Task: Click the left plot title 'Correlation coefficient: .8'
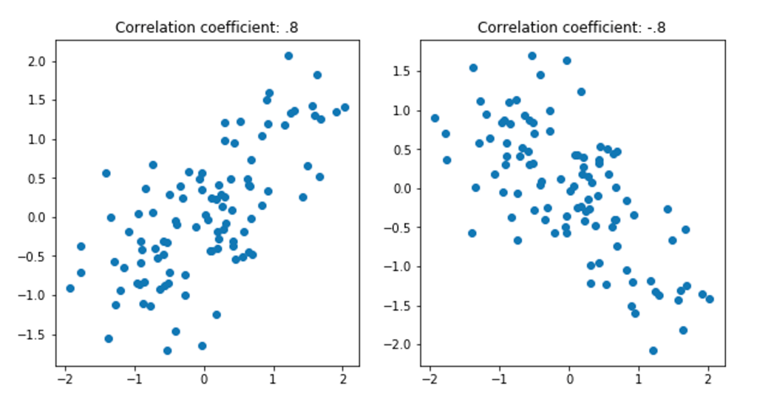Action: pos(207,28)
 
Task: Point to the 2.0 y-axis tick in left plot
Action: pos(38,61)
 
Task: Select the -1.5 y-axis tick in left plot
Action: pos(35,334)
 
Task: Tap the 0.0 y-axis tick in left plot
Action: pos(38,217)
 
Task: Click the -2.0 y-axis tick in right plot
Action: pos(401,345)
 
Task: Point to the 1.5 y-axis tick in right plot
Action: pos(403,72)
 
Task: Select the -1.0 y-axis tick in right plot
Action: pos(401,267)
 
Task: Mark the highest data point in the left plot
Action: pos(288,56)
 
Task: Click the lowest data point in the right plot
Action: pos(654,350)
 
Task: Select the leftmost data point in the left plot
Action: pos(70,288)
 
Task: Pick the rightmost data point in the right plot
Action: pos(710,299)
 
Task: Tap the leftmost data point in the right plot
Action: pos(435,118)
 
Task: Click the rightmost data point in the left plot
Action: pos(344,108)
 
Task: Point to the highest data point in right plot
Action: pos(532,56)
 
